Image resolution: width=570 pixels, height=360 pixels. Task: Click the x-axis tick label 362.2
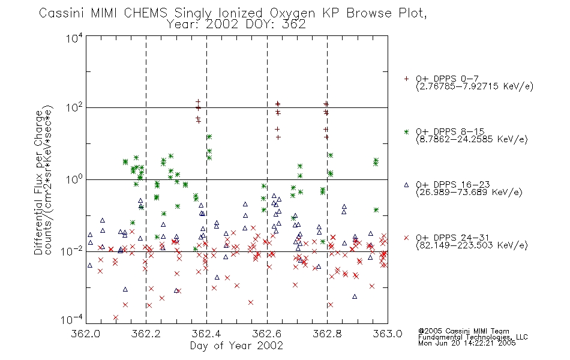[146, 334]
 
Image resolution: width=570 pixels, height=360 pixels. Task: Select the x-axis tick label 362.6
[267, 334]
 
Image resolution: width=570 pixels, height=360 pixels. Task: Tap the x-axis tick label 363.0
[388, 334]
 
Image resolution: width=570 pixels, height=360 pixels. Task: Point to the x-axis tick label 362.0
[86, 334]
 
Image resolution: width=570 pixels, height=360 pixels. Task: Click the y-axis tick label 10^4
[74, 38]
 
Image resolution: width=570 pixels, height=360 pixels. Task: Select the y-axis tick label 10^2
[74, 107]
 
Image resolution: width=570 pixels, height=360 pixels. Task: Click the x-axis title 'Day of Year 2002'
[236, 346]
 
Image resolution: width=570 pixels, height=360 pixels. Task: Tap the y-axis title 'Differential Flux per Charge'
[38, 182]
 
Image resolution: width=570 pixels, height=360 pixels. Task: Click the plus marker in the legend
[406, 79]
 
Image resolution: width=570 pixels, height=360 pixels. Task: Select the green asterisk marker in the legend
[406, 131]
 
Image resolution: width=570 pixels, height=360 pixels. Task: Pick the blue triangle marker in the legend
[406, 185]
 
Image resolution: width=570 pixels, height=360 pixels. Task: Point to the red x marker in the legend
[406, 238]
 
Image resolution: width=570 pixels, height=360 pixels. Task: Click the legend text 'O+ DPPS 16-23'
[453, 184]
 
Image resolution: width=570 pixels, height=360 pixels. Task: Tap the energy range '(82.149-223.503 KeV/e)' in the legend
[472, 245]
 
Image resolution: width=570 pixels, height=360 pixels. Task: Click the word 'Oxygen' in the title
[292, 13]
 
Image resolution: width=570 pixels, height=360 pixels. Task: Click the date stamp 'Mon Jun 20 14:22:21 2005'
[467, 343]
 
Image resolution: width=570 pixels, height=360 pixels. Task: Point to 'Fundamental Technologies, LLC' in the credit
[473, 337]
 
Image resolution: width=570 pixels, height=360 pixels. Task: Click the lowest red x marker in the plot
[116, 317]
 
